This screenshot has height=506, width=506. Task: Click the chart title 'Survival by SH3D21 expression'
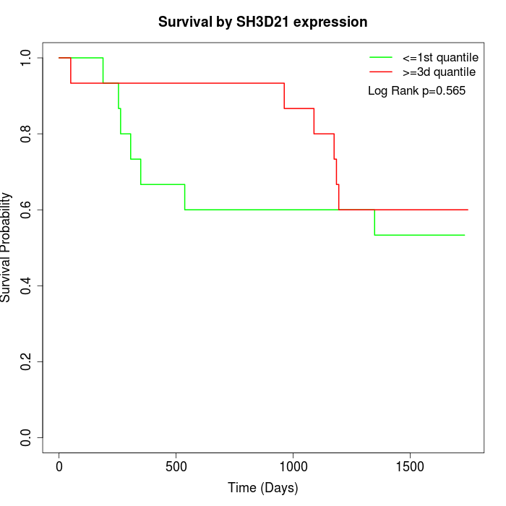click(262, 22)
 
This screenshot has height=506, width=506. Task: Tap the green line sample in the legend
click(381, 57)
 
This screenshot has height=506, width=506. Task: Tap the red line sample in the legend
click(381, 72)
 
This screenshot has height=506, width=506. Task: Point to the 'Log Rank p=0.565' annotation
click(416, 91)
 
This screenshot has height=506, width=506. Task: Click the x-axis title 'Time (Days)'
click(262, 489)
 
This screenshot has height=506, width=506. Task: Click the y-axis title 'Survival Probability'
click(7, 247)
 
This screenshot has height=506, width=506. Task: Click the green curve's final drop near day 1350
click(374, 223)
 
